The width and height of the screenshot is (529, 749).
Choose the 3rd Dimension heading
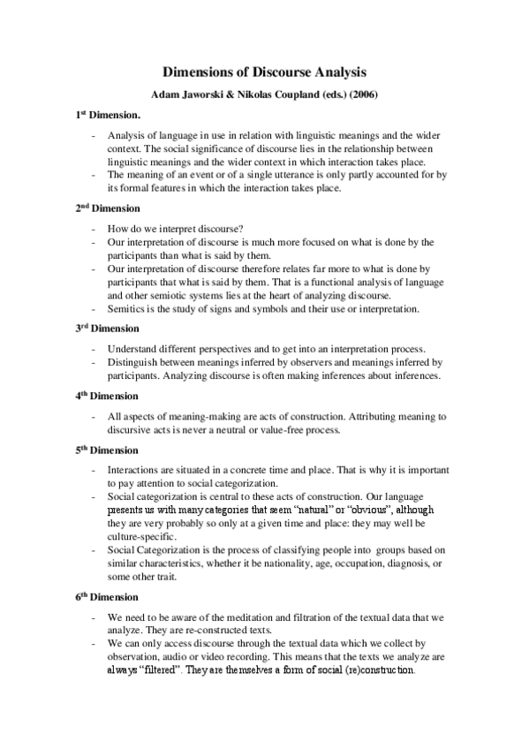(x=107, y=329)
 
